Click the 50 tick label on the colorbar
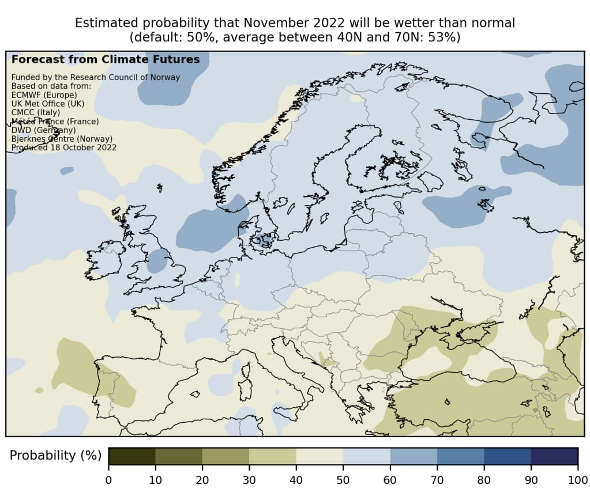coord(343,479)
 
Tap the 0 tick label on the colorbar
coord(108,479)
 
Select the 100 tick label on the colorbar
coord(577,479)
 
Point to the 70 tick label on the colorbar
coord(437,479)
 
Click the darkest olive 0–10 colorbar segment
coord(131,456)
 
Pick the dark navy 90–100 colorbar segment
coord(554,456)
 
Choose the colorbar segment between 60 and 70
coord(414,456)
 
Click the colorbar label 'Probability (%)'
coord(51,455)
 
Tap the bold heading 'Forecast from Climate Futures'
coord(106,59)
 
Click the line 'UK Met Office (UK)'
coord(48,104)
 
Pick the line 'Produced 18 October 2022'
coord(64,147)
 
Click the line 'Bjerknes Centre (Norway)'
coord(62,139)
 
